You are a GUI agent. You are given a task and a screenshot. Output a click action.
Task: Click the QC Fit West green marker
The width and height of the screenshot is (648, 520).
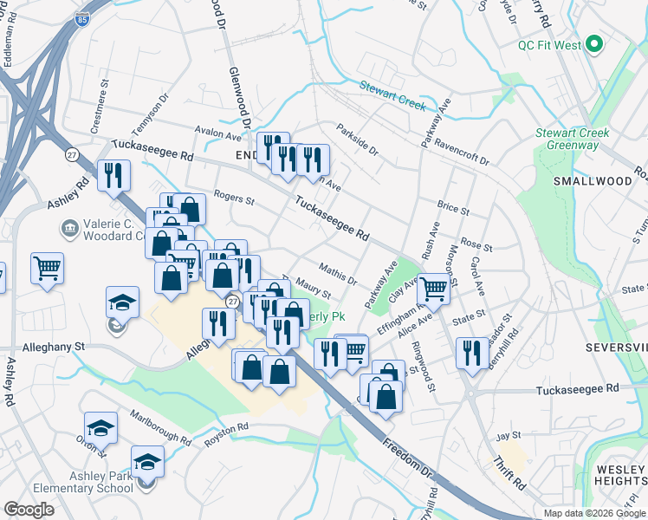click(594, 44)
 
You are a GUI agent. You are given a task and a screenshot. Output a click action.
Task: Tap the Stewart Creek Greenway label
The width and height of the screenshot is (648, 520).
click(572, 139)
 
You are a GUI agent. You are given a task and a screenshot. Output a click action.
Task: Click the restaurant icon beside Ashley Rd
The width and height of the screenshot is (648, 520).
click(113, 176)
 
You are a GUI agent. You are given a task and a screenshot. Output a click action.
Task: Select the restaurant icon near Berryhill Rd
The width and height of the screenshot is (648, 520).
click(471, 352)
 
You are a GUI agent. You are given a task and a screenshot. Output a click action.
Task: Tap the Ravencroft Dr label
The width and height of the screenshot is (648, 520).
click(462, 153)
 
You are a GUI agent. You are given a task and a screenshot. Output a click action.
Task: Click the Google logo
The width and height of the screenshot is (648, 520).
click(29, 510)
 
